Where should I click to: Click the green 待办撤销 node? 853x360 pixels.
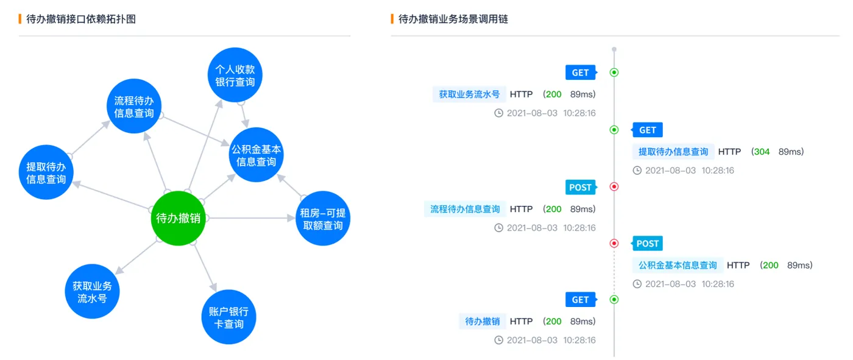tap(179, 218)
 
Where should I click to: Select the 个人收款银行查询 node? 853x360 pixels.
tap(235, 75)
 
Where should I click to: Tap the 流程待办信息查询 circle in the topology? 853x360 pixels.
tap(134, 107)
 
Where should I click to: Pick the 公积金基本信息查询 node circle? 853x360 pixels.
tap(257, 155)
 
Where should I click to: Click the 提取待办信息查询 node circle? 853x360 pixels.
tap(46, 172)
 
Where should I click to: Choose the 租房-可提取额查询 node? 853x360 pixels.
tap(322, 219)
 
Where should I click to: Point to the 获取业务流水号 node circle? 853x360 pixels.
tap(92, 292)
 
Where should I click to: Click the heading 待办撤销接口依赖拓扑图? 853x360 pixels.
tap(81, 19)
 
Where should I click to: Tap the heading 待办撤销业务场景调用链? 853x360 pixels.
tap(453, 19)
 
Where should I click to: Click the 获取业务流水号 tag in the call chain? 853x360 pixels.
tap(469, 94)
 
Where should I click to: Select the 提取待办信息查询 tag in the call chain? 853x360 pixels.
tap(673, 152)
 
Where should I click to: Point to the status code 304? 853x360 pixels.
tap(762, 152)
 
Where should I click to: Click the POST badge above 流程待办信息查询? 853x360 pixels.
tap(580, 187)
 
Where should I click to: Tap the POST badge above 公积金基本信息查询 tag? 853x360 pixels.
tap(647, 244)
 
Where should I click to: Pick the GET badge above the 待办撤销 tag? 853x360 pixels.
tap(580, 300)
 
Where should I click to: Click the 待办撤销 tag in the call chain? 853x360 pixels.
tap(483, 322)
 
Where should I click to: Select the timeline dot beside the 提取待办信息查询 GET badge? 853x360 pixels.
tap(614, 130)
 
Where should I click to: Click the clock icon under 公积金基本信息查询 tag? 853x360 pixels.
tap(637, 284)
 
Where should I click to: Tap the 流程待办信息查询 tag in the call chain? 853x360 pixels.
tap(465, 209)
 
